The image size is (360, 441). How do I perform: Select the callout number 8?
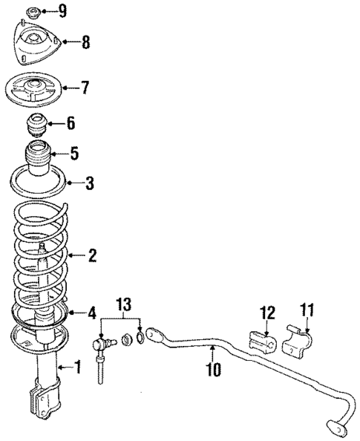pos(86,42)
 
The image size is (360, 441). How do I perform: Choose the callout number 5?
pos(73,154)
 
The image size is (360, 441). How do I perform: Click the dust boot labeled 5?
pos(39,159)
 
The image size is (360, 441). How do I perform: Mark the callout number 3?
pos(89,183)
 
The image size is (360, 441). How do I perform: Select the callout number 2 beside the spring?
pos(92,256)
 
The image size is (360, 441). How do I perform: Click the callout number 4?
pos(92,313)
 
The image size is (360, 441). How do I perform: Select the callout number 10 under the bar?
pos(214,367)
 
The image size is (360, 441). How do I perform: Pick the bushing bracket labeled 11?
pos(298,342)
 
